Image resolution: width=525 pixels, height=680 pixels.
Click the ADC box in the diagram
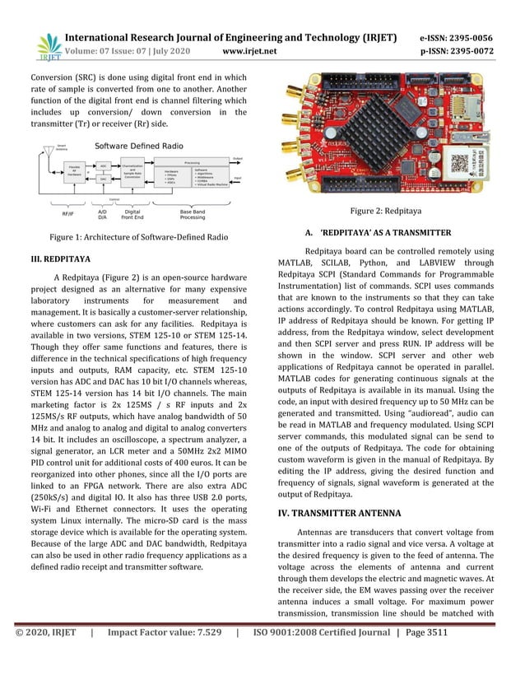point(104,165)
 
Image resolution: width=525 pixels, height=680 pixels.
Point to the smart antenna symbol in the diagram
point(49,151)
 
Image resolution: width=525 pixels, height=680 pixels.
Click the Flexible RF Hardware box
point(74,172)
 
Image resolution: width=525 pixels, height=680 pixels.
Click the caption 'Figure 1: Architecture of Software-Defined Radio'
point(139,237)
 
